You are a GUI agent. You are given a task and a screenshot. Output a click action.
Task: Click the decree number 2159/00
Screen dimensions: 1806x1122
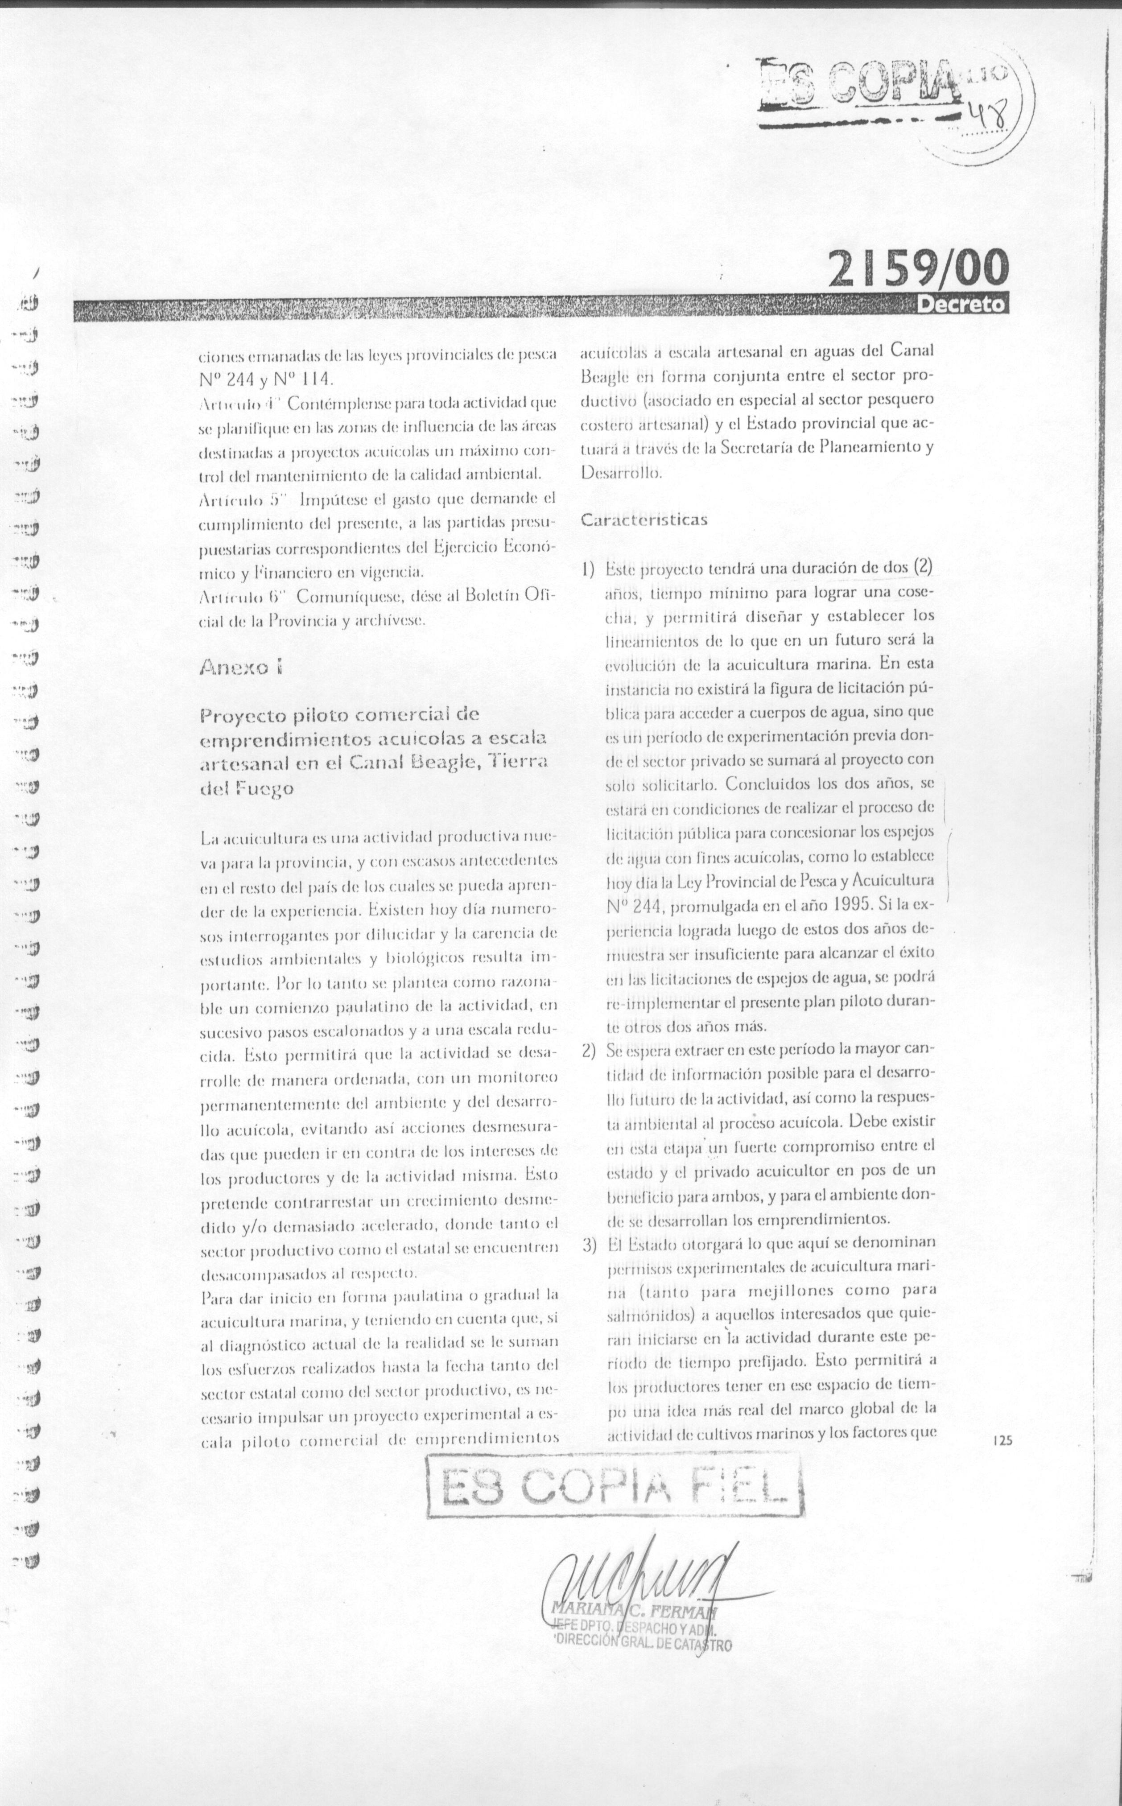click(919, 268)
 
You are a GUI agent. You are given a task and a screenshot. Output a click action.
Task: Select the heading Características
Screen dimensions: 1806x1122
click(643, 520)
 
